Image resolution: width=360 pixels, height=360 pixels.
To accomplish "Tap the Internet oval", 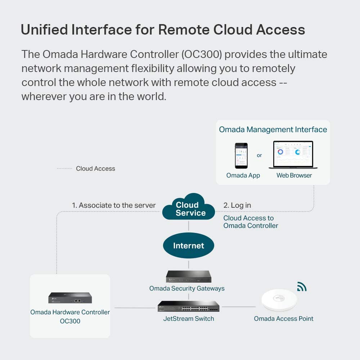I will click(189, 246).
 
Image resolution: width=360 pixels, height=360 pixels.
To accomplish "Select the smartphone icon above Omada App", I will click(242, 156).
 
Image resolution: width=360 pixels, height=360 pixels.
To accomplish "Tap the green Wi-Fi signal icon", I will click(302, 287).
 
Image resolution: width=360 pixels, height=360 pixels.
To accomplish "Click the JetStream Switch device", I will click(188, 306).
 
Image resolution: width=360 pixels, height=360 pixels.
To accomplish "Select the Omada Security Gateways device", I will click(188, 276).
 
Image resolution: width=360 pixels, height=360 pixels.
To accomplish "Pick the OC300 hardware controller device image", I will click(70, 298).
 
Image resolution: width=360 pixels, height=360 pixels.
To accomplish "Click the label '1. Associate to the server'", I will click(114, 206).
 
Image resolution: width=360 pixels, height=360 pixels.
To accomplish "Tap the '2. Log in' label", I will click(237, 206).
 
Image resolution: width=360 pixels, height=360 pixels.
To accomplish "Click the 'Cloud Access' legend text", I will click(95, 168).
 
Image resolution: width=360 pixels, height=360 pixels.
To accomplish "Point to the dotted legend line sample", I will click(64, 168).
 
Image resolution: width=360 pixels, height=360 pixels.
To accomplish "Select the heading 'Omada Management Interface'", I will click(273, 130).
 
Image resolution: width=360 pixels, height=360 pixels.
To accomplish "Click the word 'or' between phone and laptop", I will click(259, 156).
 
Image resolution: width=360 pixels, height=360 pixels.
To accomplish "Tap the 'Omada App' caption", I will click(243, 176).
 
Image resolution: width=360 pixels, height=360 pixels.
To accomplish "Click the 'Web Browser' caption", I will click(294, 176).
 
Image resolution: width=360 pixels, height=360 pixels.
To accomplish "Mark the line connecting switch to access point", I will click(238, 307).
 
